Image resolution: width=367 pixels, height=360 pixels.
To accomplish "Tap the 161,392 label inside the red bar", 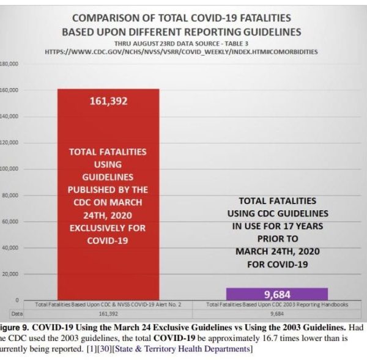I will (x=108, y=101).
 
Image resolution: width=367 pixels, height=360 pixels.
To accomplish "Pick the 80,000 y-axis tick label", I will (x=10, y=196).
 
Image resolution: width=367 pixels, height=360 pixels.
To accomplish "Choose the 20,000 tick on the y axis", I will (x=10, y=274).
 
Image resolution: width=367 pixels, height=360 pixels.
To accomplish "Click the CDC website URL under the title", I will (x=181, y=52).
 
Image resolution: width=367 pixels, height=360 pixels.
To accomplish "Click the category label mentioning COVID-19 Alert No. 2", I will (x=108, y=304).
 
